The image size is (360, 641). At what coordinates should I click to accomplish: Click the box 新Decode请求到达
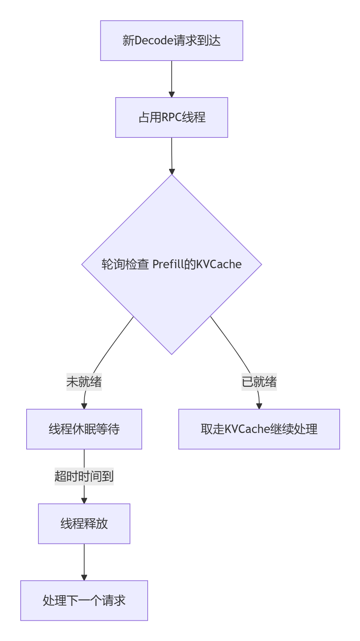pos(171,41)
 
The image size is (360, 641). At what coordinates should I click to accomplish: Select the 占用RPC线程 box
pos(171,117)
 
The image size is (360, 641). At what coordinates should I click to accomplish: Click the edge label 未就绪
pos(84,382)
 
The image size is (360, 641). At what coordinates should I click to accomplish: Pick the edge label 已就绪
pos(259,382)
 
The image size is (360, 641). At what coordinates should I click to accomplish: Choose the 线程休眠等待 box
pos(84,429)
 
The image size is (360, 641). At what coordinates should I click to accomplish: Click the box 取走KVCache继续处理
pos(259,429)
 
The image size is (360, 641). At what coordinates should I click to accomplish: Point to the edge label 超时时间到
pos(84,476)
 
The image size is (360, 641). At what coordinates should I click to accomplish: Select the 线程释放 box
pos(84,524)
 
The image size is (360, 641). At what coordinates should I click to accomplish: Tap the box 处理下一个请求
pos(84,600)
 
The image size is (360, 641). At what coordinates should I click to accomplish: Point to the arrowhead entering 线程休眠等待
pos(84,406)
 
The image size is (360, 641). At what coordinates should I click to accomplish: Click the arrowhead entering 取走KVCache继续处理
pos(259,406)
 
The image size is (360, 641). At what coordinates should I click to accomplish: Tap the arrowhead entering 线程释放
pos(84,501)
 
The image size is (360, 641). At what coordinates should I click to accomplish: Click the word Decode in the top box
pos(154,41)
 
